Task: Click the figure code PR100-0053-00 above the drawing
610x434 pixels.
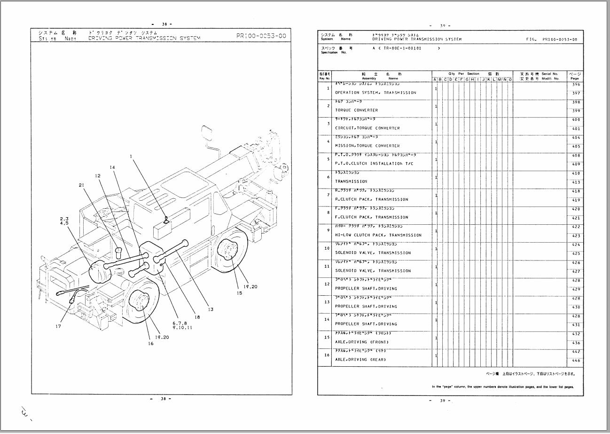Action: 262,36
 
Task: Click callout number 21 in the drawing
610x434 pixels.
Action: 81,185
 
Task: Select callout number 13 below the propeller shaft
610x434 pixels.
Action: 211,309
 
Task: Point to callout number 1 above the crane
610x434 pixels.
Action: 132,156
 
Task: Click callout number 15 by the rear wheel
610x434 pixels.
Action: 239,293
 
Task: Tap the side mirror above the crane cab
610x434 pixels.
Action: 206,134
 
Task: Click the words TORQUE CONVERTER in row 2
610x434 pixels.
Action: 356,110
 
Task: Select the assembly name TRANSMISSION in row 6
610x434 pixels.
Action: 351,181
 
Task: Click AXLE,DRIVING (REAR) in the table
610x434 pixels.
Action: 360,359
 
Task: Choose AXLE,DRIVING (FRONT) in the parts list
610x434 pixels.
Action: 361,342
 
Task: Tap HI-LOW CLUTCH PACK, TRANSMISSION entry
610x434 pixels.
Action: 378,235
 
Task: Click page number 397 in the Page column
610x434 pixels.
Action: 576,93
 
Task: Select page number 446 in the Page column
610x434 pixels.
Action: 576,360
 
